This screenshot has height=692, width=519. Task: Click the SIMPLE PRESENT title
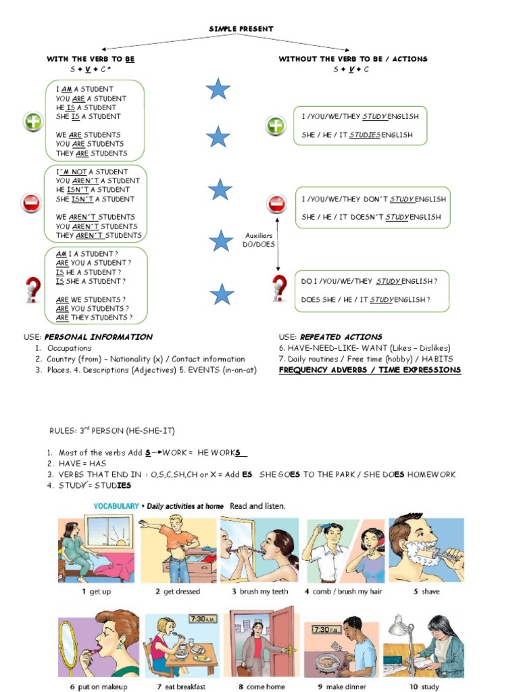[241, 28]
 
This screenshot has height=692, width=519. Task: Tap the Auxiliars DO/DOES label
[259, 240]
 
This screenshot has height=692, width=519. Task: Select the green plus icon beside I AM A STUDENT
[33, 122]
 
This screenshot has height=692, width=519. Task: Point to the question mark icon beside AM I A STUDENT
[32, 289]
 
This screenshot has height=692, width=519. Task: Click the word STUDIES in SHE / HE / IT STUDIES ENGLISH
[365, 135]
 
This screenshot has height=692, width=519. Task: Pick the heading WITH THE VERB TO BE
[91, 59]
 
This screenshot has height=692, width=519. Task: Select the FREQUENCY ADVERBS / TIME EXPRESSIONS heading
[370, 370]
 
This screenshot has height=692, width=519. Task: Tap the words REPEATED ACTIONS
[351, 337]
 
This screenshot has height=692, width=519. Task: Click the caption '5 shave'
[426, 592]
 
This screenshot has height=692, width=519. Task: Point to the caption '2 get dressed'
[178, 592]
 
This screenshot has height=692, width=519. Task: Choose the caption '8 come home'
[262, 687]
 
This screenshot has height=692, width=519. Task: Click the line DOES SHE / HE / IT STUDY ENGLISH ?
[366, 300]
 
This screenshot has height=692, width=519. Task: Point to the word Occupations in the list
[69, 349]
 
